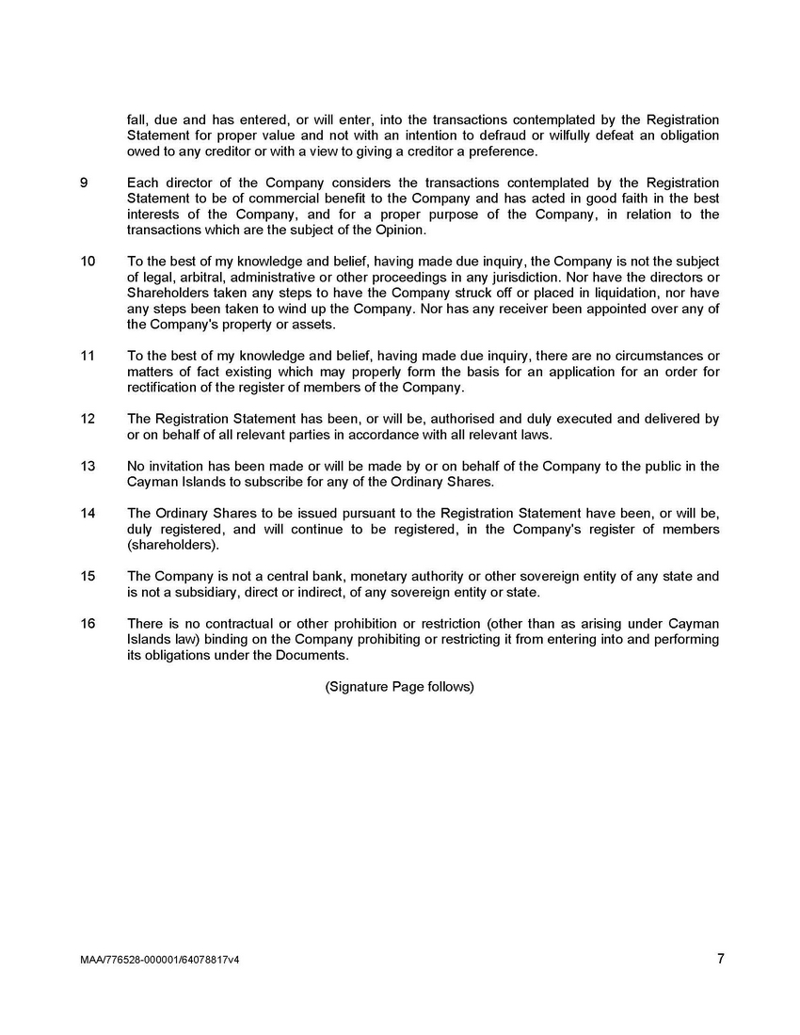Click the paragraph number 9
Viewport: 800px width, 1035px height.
coord(85,183)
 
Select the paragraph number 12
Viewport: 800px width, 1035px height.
coord(88,419)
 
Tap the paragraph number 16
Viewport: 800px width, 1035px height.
coord(88,624)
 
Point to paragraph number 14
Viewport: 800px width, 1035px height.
coord(88,514)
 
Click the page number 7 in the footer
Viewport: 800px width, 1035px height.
coord(720,959)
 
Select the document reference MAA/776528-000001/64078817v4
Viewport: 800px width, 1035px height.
coord(160,961)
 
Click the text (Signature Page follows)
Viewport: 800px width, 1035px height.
coord(399,687)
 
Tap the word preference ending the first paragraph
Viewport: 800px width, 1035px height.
coord(504,151)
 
